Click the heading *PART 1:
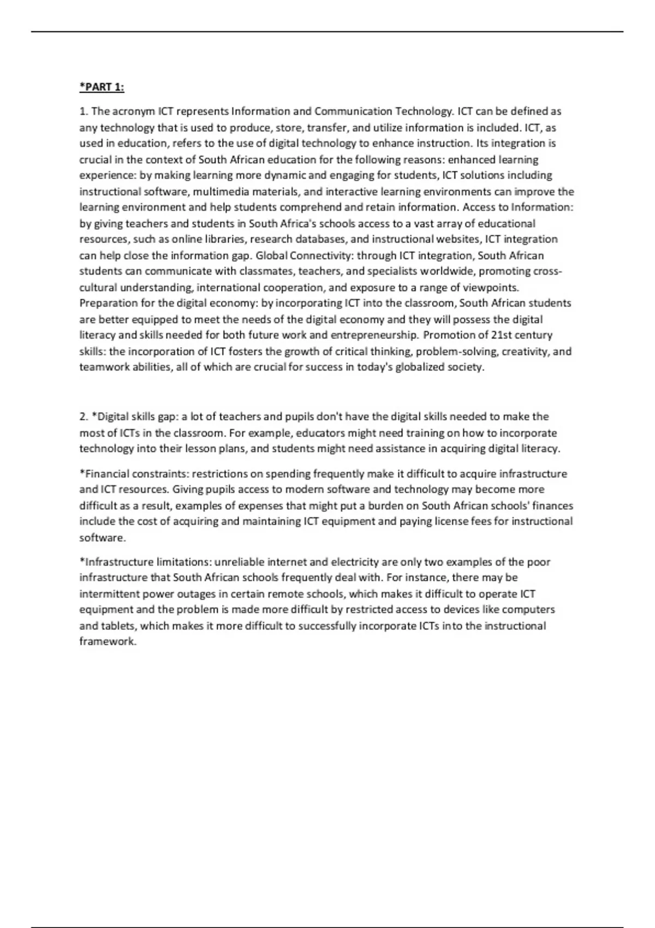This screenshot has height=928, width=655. coord(102,87)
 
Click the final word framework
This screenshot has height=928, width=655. coord(107,641)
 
